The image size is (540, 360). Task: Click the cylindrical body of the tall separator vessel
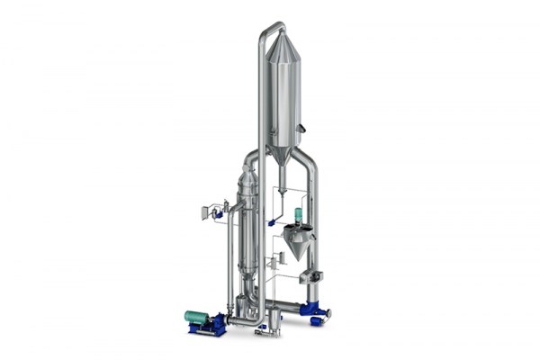click(x=283, y=99)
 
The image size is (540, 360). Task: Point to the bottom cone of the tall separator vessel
click(x=282, y=155)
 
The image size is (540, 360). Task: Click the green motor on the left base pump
click(x=196, y=317)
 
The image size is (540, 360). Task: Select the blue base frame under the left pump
click(x=207, y=329)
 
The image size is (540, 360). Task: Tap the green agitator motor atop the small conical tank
click(x=298, y=216)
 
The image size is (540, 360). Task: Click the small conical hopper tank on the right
click(x=296, y=240)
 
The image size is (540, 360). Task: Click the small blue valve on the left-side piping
click(x=218, y=214)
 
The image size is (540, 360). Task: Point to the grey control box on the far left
click(x=204, y=212)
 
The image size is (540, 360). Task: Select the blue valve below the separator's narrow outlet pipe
click(x=271, y=221)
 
